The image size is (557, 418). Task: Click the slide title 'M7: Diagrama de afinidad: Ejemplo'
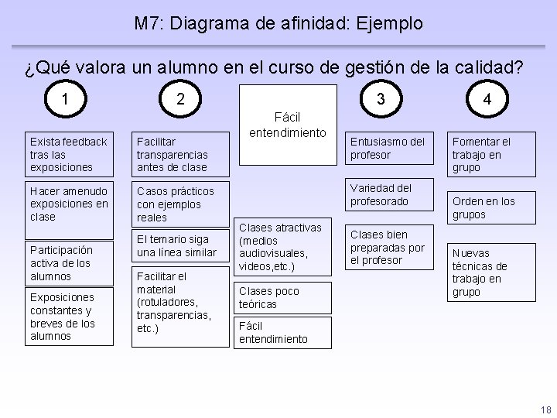[x=278, y=23]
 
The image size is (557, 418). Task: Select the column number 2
[x=180, y=98]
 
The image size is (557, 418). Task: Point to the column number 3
[x=380, y=99]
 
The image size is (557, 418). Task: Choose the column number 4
[x=486, y=99]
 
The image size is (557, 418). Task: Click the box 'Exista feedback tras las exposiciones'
[x=69, y=154]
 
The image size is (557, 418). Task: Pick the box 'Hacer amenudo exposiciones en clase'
[x=69, y=204]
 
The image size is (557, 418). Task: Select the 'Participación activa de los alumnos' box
[x=69, y=263]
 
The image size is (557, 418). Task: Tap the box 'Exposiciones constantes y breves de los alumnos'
[x=69, y=317]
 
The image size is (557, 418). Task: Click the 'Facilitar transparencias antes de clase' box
[x=180, y=154]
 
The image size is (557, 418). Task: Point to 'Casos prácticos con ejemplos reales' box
[x=180, y=204]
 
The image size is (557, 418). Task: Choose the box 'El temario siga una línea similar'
[x=180, y=246]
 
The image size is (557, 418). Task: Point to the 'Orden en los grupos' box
[x=490, y=207]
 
